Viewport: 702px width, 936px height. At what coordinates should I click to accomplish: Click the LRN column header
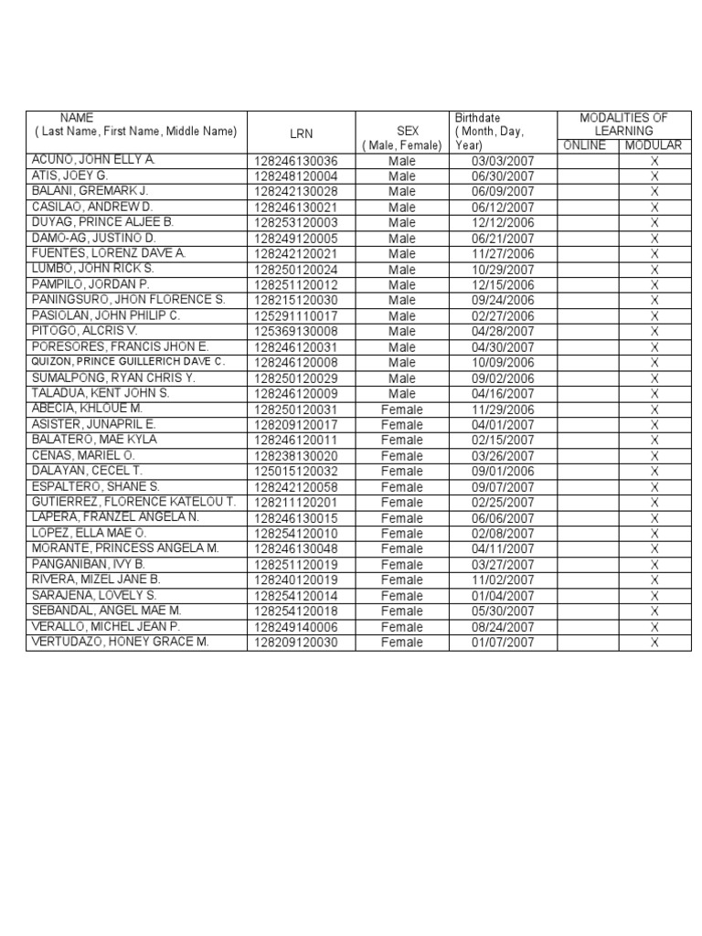coord(301,133)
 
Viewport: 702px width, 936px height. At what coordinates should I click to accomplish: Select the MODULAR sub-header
coord(654,145)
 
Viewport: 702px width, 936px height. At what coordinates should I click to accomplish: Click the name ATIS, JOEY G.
coord(70,175)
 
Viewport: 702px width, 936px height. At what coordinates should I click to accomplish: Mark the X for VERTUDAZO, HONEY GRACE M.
coord(654,643)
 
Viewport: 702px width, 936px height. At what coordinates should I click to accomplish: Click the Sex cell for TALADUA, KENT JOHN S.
coord(401,394)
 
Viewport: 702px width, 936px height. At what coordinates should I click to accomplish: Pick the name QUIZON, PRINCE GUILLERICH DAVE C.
coord(128,362)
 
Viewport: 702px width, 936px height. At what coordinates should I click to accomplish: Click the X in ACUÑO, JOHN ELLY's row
coord(654,161)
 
